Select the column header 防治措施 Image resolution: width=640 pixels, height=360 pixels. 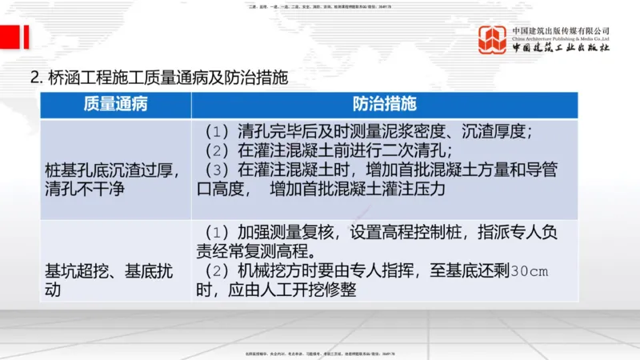click(384, 105)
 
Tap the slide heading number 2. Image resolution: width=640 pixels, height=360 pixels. click(36, 78)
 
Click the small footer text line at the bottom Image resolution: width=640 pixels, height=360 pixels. click(320, 352)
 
